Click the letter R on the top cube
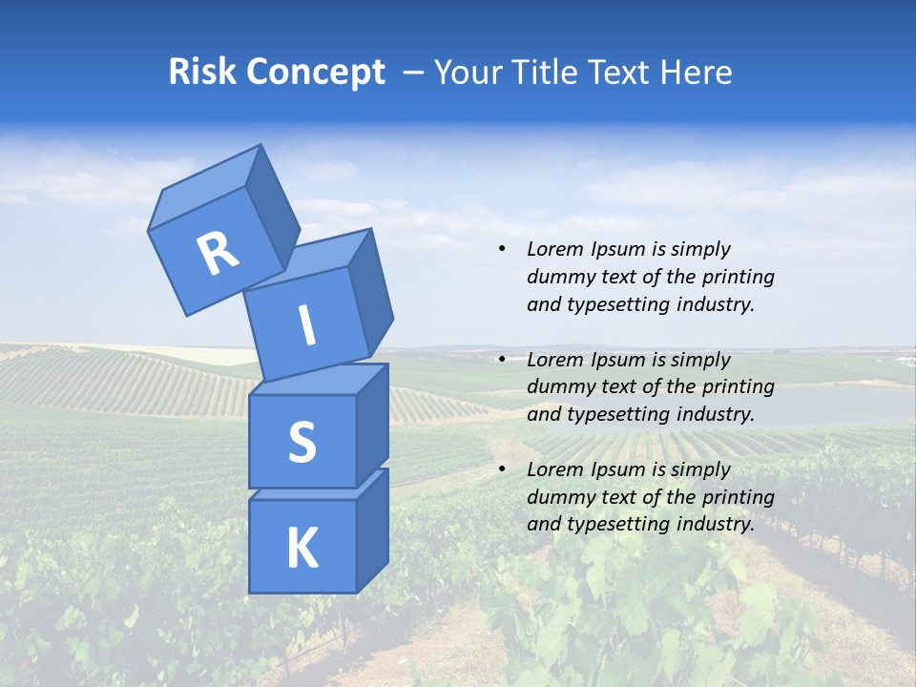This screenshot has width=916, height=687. [x=218, y=254]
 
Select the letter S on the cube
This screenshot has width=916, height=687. [x=302, y=442]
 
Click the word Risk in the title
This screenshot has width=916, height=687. [x=201, y=72]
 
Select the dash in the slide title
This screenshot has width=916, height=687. [x=414, y=73]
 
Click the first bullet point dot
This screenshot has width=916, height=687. [x=502, y=249]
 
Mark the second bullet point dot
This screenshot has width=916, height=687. [x=502, y=360]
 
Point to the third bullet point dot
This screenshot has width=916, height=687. [x=502, y=469]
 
